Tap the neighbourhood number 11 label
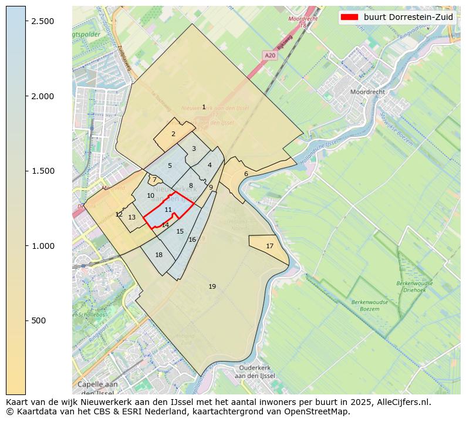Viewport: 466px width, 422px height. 168,210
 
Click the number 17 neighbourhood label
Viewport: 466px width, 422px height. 269,246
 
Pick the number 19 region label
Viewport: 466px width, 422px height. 212,286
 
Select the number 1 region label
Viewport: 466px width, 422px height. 204,107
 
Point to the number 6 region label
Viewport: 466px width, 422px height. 246,174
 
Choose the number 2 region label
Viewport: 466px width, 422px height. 173,134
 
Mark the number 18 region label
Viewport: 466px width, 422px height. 158,255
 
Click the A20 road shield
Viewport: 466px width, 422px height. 269,55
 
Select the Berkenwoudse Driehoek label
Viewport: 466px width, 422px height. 415,286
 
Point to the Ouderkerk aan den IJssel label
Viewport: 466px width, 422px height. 252,372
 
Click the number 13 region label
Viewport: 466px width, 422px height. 132,217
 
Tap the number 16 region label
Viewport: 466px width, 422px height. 192,239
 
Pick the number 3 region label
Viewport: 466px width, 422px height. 194,148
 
